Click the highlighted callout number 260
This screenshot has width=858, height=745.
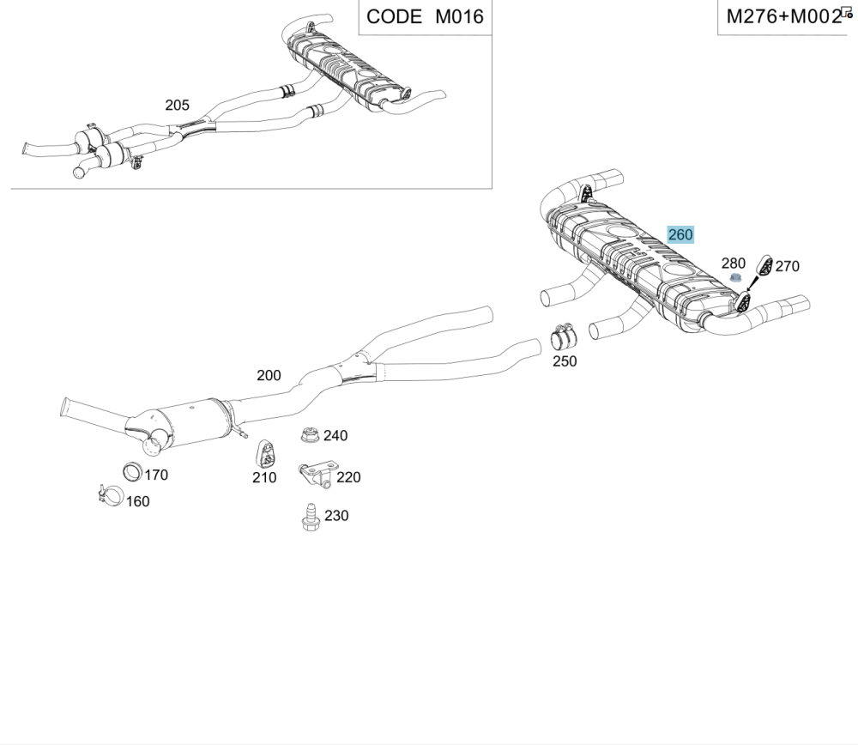click(680, 235)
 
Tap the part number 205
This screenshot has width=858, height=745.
click(178, 105)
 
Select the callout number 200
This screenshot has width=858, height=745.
click(269, 376)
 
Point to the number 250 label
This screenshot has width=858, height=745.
click(565, 361)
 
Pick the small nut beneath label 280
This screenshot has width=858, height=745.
click(736, 278)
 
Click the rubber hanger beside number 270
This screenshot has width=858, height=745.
click(764, 265)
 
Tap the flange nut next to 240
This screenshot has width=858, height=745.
click(310, 435)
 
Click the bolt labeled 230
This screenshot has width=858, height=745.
click(311, 518)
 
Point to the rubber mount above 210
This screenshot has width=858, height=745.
click(266, 453)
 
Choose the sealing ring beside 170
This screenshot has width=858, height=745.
click(132, 472)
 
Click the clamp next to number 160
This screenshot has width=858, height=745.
click(111, 495)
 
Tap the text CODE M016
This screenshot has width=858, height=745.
click(425, 17)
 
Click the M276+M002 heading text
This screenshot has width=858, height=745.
click(783, 17)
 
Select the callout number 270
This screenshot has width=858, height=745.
click(788, 266)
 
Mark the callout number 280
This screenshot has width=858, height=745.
click(734, 263)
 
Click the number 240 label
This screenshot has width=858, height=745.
click(335, 436)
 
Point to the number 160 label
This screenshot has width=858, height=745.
click(138, 501)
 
